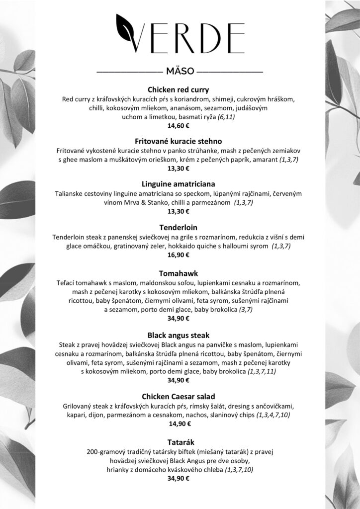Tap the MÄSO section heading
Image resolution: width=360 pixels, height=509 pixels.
coord(180,72)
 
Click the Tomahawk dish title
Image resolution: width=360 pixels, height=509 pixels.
coord(179,273)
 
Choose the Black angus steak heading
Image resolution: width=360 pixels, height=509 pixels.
coord(179,335)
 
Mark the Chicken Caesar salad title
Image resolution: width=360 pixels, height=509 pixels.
coord(179,397)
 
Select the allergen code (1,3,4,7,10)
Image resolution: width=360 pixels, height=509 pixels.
coord(273,415)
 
